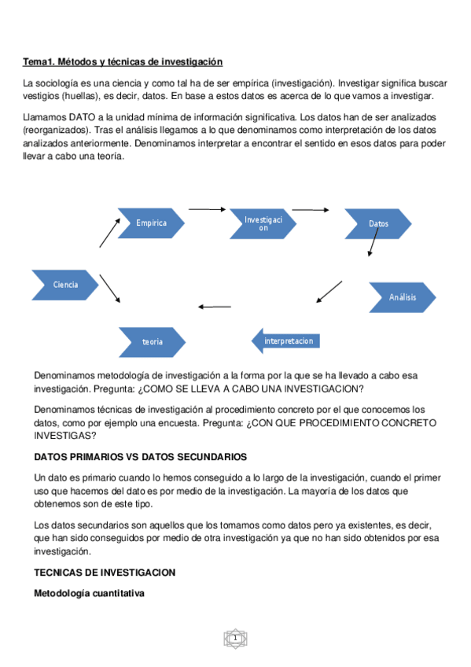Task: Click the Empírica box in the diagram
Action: (151, 223)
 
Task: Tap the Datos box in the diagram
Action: (378, 224)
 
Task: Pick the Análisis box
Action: (402, 297)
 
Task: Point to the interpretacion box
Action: (286, 341)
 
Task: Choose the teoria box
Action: (153, 342)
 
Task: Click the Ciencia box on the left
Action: (65, 285)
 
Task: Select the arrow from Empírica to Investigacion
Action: (207, 209)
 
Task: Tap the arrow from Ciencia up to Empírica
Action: (109, 234)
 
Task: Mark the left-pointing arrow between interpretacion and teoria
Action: (215, 306)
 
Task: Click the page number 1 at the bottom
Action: (234, 638)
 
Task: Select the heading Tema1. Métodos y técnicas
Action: (123, 61)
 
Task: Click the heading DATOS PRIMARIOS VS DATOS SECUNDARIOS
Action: (140, 457)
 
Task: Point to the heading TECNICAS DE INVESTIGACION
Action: (104, 572)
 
